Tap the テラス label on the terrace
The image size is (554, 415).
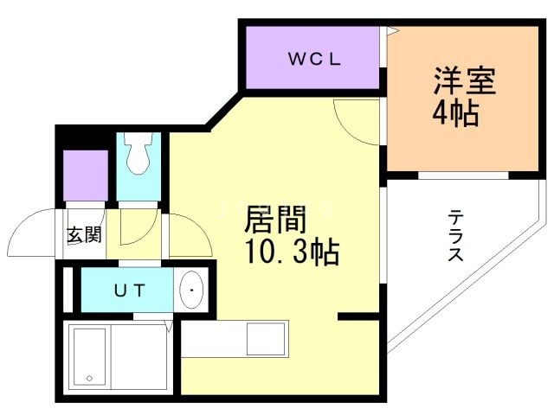pyautogui.click(x=456, y=236)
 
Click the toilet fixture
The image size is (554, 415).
pyautogui.click(x=137, y=155)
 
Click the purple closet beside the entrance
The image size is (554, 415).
pyautogui.click(x=85, y=177)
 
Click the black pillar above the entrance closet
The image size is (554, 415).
pyautogui.click(x=85, y=138)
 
